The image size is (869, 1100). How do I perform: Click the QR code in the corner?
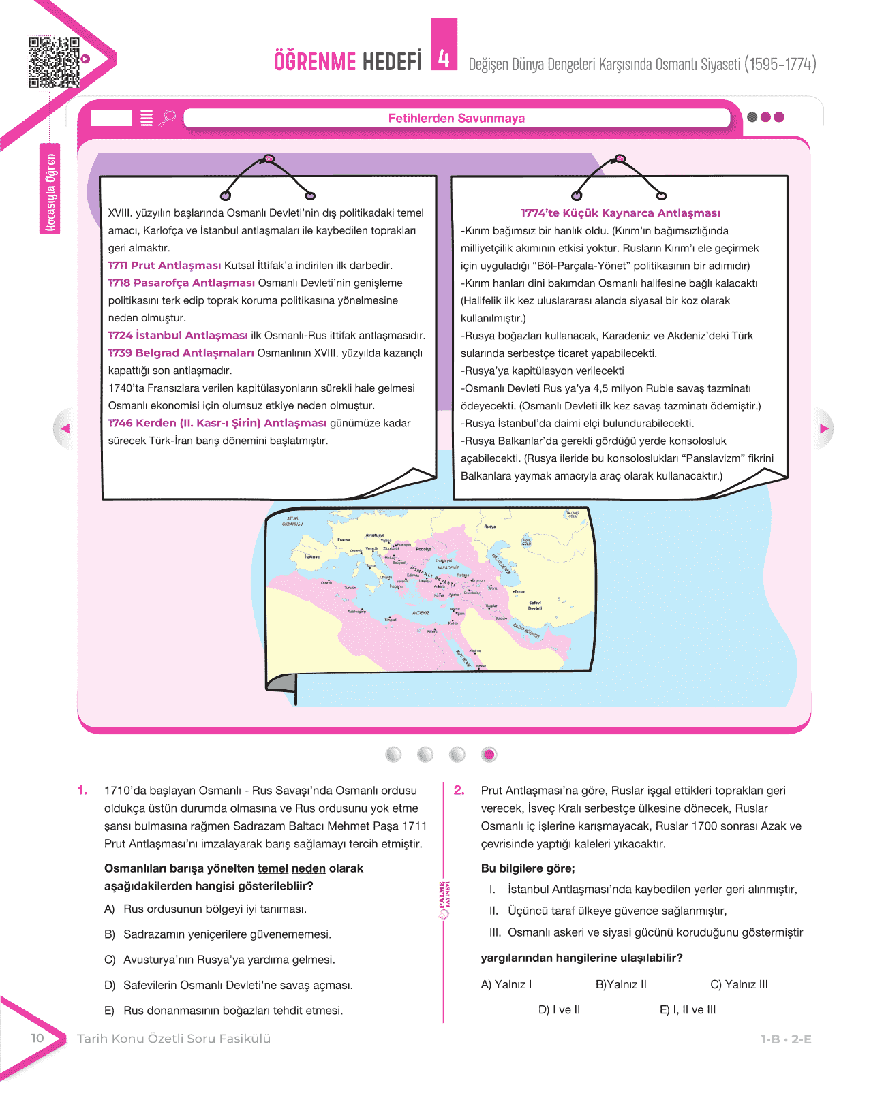point(54,63)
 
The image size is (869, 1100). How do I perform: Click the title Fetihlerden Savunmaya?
point(456,119)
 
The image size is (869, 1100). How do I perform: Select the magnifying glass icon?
point(167,119)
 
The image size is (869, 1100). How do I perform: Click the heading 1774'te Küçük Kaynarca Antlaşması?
point(620,213)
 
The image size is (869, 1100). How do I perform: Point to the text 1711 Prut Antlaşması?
point(164,266)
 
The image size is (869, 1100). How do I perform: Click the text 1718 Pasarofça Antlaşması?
point(181,283)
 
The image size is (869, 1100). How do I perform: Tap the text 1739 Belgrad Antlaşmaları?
point(181,353)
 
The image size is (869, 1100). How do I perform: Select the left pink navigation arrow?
point(65,428)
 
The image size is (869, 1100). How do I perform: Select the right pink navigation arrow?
point(823,428)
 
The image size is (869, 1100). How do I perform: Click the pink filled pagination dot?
point(489,755)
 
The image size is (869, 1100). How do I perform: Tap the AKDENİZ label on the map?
point(421,613)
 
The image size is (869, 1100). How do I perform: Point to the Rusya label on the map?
point(490,527)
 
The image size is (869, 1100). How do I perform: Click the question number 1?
point(82,791)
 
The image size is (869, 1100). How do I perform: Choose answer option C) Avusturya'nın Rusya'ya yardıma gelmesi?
point(228,960)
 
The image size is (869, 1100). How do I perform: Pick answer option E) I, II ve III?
point(687,1010)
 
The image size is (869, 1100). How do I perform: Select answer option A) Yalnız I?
point(506,985)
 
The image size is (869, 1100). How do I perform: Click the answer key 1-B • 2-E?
point(786,1039)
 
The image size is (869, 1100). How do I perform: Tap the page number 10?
point(37,1038)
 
